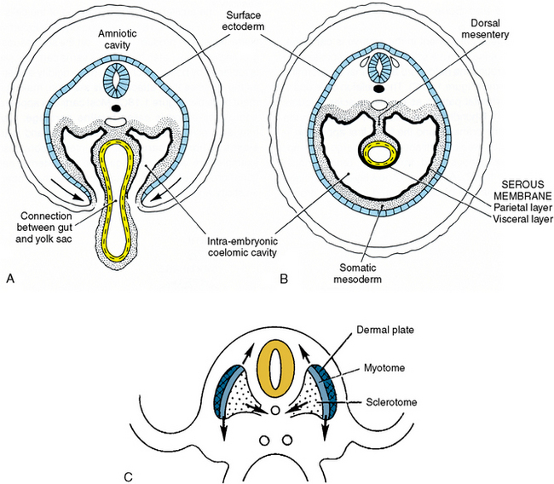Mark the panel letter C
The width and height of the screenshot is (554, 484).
[x=127, y=474]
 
